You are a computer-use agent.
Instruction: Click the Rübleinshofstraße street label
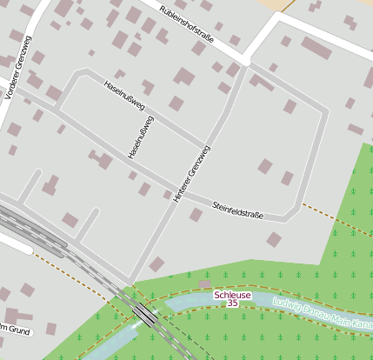click(199, 25)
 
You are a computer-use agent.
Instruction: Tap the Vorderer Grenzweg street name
click(17, 68)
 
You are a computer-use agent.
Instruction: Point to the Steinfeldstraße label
click(237, 209)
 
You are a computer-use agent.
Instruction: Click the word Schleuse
click(232, 295)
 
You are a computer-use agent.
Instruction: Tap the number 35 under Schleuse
click(232, 303)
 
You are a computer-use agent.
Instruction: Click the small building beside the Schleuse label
click(204, 284)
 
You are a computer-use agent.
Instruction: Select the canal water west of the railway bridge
click(113, 343)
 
